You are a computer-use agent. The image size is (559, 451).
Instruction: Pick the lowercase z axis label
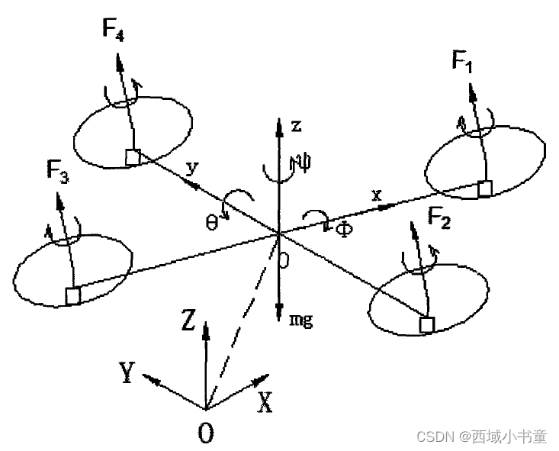(297, 126)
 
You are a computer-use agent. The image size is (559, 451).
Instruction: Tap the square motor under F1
(484, 189)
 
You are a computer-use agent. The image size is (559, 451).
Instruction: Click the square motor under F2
(427, 326)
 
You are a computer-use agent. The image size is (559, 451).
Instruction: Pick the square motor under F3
(73, 295)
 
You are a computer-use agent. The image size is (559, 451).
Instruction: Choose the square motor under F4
(133, 157)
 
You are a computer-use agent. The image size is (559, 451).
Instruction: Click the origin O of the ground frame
(205, 433)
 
